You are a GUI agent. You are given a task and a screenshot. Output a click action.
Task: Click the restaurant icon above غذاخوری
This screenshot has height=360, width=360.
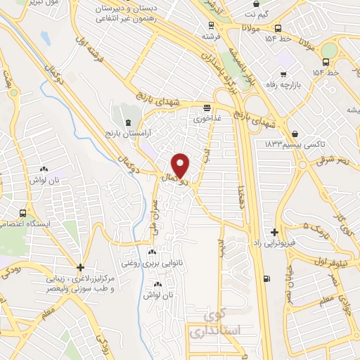[x=206, y=108]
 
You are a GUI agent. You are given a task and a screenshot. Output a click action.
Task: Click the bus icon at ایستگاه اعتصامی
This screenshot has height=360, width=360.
[x=25, y=213]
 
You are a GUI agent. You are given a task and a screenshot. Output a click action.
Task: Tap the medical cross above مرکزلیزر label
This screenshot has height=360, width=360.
[x=81, y=267]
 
